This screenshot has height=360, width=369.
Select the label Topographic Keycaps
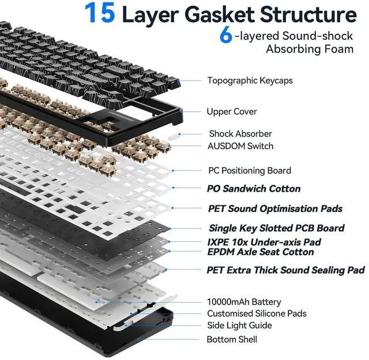pyautogui.click(x=250, y=81)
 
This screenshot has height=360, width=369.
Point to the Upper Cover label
pyautogui.click(x=232, y=111)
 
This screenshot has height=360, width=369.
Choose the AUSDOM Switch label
pyautogui.click(x=240, y=146)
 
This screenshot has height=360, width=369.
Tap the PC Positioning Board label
pyautogui.click(x=249, y=170)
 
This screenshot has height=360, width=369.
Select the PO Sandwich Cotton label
pyautogui.click(x=254, y=188)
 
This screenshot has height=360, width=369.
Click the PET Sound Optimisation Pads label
pyautogui.click(x=275, y=209)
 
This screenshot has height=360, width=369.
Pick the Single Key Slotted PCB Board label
pyautogui.click(x=276, y=228)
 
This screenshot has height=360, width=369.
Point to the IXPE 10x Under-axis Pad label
pyautogui.click(x=264, y=242)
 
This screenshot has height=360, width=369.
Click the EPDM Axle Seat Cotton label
pyautogui.click(x=261, y=252)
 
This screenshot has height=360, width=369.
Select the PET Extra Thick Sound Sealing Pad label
pyautogui.click(x=285, y=270)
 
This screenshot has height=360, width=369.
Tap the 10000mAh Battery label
pyautogui.click(x=244, y=302)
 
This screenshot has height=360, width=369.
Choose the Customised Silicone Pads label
pyautogui.click(x=257, y=314)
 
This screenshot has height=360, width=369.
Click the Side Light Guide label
pyautogui.click(x=239, y=325)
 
